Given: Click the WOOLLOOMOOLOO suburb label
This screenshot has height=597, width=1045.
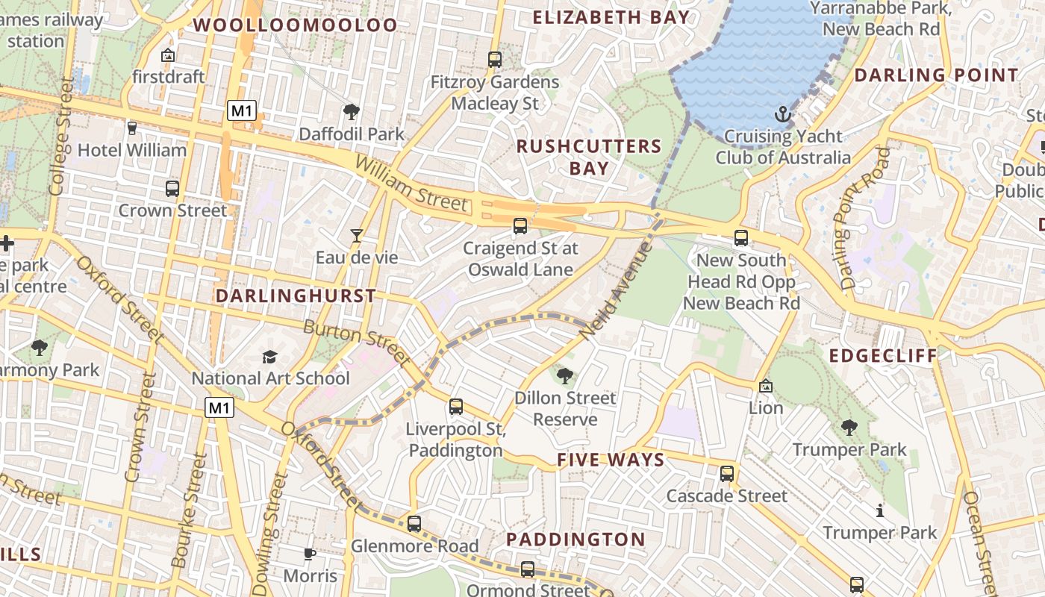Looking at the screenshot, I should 296,25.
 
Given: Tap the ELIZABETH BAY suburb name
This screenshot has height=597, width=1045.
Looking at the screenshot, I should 611,17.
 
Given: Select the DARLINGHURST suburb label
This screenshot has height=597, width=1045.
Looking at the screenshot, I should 296,296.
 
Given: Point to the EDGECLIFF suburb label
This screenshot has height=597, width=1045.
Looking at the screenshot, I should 883,355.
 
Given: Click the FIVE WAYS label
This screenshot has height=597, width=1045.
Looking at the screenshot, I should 611,460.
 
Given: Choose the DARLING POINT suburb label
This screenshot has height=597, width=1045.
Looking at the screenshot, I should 936,75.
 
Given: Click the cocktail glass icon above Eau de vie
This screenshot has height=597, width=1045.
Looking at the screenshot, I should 357,236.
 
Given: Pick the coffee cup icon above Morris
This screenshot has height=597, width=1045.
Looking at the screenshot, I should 310,554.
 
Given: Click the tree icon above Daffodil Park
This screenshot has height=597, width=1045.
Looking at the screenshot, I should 351,113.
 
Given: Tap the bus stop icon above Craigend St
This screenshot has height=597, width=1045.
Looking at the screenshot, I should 520,225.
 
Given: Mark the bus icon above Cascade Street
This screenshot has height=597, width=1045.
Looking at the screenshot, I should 727,473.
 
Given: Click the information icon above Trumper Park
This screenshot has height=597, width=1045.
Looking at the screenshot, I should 879,511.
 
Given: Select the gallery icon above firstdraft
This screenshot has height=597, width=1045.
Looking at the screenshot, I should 168,55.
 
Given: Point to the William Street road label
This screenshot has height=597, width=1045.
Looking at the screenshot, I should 411,184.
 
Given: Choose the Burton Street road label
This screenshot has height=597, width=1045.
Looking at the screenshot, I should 356,343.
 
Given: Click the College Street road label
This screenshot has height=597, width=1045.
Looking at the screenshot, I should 60,137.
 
